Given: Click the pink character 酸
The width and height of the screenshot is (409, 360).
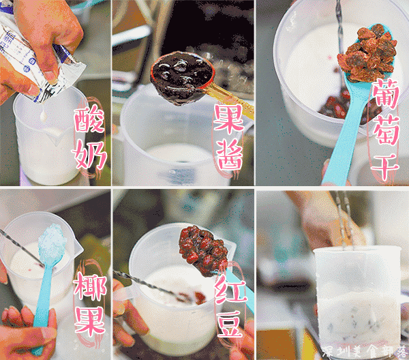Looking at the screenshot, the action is click(x=89, y=119).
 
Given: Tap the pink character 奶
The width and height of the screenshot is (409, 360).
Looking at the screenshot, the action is click(x=89, y=155).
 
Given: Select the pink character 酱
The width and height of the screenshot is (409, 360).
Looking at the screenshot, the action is click(x=230, y=155).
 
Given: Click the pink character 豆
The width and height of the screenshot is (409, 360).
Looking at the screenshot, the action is click(x=230, y=323).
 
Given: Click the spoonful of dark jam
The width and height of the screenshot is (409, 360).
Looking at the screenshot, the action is click(x=182, y=78).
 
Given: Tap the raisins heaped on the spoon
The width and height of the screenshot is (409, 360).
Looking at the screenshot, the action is click(x=367, y=53).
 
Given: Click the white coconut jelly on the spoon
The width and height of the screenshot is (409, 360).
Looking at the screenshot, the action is click(x=51, y=241).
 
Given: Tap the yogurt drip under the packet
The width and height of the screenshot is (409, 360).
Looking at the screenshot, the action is click(x=44, y=115).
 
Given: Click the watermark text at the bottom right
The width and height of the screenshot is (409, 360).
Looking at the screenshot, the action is click(x=365, y=351).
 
